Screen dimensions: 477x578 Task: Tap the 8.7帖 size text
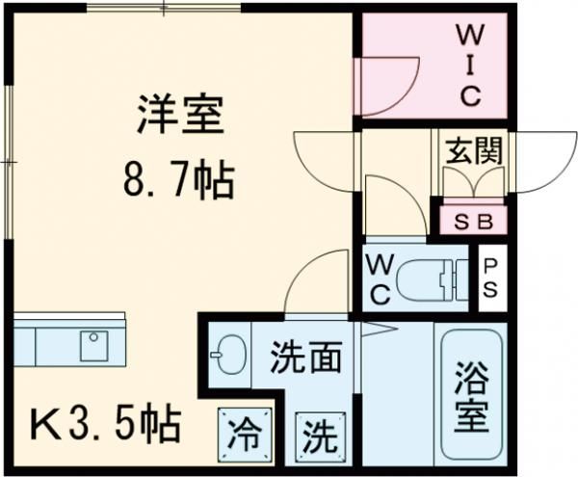pyautogui.click(x=179, y=178)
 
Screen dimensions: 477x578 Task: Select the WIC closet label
pyautogui.click(x=469, y=66)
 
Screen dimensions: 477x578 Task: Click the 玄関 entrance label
pyautogui.click(x=472, y=150)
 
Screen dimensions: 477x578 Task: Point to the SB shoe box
pyautogui.click(x=473, y=221)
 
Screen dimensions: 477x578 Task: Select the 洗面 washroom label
pyautogui.click(x=305, y=358)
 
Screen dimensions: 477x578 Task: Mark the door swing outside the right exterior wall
pyautogui.click(x=545, y=160)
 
